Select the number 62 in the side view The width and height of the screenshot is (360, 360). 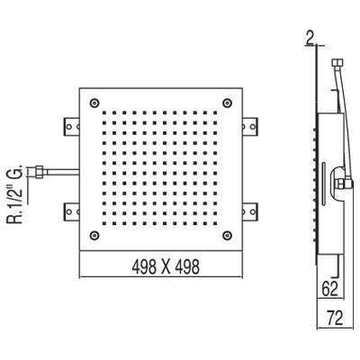[331, 289]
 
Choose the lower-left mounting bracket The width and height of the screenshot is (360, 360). [70, 211]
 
